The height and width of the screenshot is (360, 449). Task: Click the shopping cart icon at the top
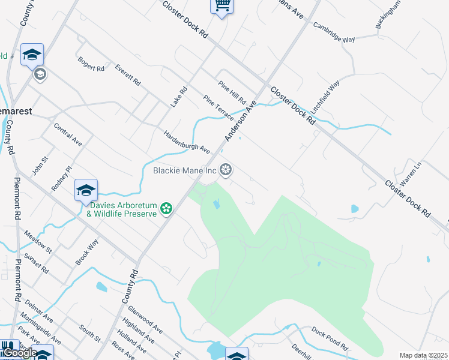pos(221,5)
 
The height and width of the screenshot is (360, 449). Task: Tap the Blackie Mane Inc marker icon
pos(226,170)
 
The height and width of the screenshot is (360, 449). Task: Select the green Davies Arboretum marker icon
pos(166,209)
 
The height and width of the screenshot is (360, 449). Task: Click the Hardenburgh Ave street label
pos(187,140)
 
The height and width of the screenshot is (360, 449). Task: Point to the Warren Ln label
pos(411,172)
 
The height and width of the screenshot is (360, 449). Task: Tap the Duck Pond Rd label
pos(330,338)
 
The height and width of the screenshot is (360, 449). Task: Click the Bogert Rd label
pos(91,64)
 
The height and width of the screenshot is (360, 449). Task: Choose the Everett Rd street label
pos(128,74)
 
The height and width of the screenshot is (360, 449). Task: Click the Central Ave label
pos(67,136)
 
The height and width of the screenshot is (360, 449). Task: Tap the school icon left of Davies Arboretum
pos(86,191)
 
